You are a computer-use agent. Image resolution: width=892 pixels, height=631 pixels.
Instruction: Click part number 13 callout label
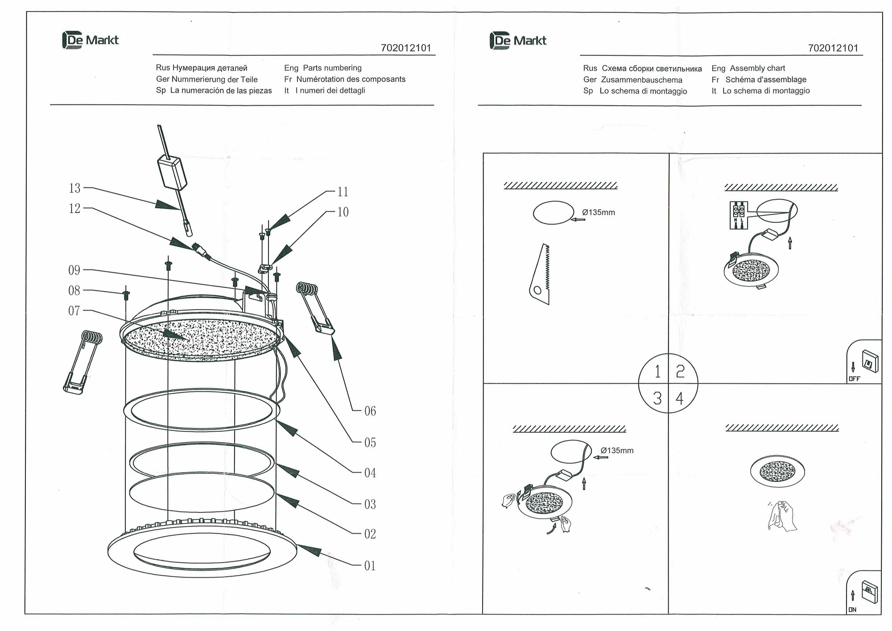pos(74,188)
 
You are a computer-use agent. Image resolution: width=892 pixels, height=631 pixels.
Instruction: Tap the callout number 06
pos(370,411)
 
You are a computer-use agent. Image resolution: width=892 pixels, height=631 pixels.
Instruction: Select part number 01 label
pos(370,566)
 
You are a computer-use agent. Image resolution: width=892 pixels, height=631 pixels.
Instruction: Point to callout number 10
pos(343,212)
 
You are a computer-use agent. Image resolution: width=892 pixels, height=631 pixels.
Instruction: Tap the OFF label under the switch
pos(854,379)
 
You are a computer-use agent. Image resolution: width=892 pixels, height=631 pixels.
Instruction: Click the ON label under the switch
pos(852,610)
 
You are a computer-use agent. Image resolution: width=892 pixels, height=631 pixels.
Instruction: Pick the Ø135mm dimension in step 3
pos(617,451)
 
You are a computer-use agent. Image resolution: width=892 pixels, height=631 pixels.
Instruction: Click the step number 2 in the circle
pos(680,371)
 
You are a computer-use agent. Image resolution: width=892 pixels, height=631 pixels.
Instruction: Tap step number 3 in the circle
pos(657,398)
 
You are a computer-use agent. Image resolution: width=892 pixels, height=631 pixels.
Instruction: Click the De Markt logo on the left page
pos(91,40)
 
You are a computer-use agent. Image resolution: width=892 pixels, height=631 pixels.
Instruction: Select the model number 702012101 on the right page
pos(833,48)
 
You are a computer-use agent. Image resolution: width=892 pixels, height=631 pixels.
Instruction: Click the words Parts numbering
pos(332,68)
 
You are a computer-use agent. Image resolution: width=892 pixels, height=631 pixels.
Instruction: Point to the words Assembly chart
pos(757,68)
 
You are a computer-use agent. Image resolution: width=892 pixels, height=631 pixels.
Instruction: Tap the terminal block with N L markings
pos(738,216)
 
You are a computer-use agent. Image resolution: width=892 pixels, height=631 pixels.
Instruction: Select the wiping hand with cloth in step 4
pos(782,516)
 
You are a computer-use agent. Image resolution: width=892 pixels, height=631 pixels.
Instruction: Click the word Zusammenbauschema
pos(641,80)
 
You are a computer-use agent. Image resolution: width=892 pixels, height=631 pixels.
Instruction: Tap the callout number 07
pos(74,311)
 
